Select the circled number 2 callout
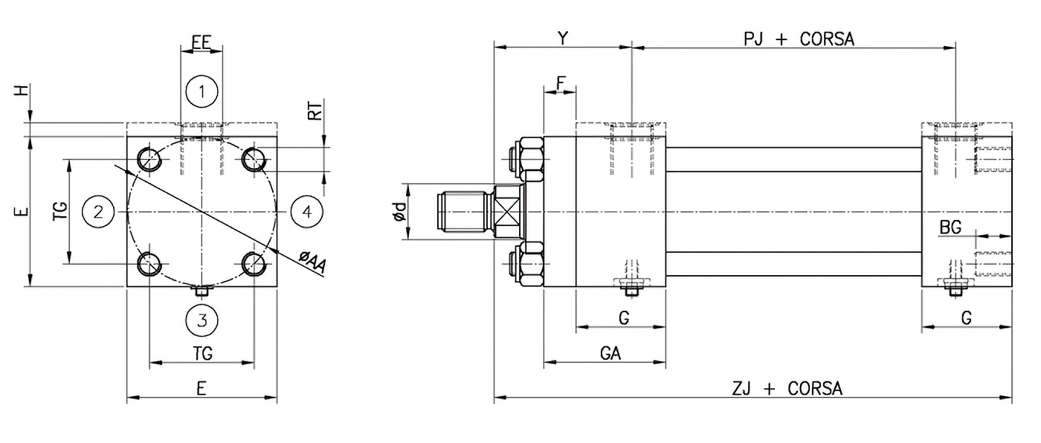coord(98,212)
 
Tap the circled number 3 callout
coord(202,320)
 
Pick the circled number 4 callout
coord(306,212)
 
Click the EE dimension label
coord(202,42)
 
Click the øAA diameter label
coord(312,262)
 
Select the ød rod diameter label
coord(399,213)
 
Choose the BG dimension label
coord(950,228)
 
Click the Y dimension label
coord(563,39)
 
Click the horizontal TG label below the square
coord(202,354)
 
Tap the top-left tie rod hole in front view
coord(149,159)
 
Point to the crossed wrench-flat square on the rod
coord(507,212)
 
